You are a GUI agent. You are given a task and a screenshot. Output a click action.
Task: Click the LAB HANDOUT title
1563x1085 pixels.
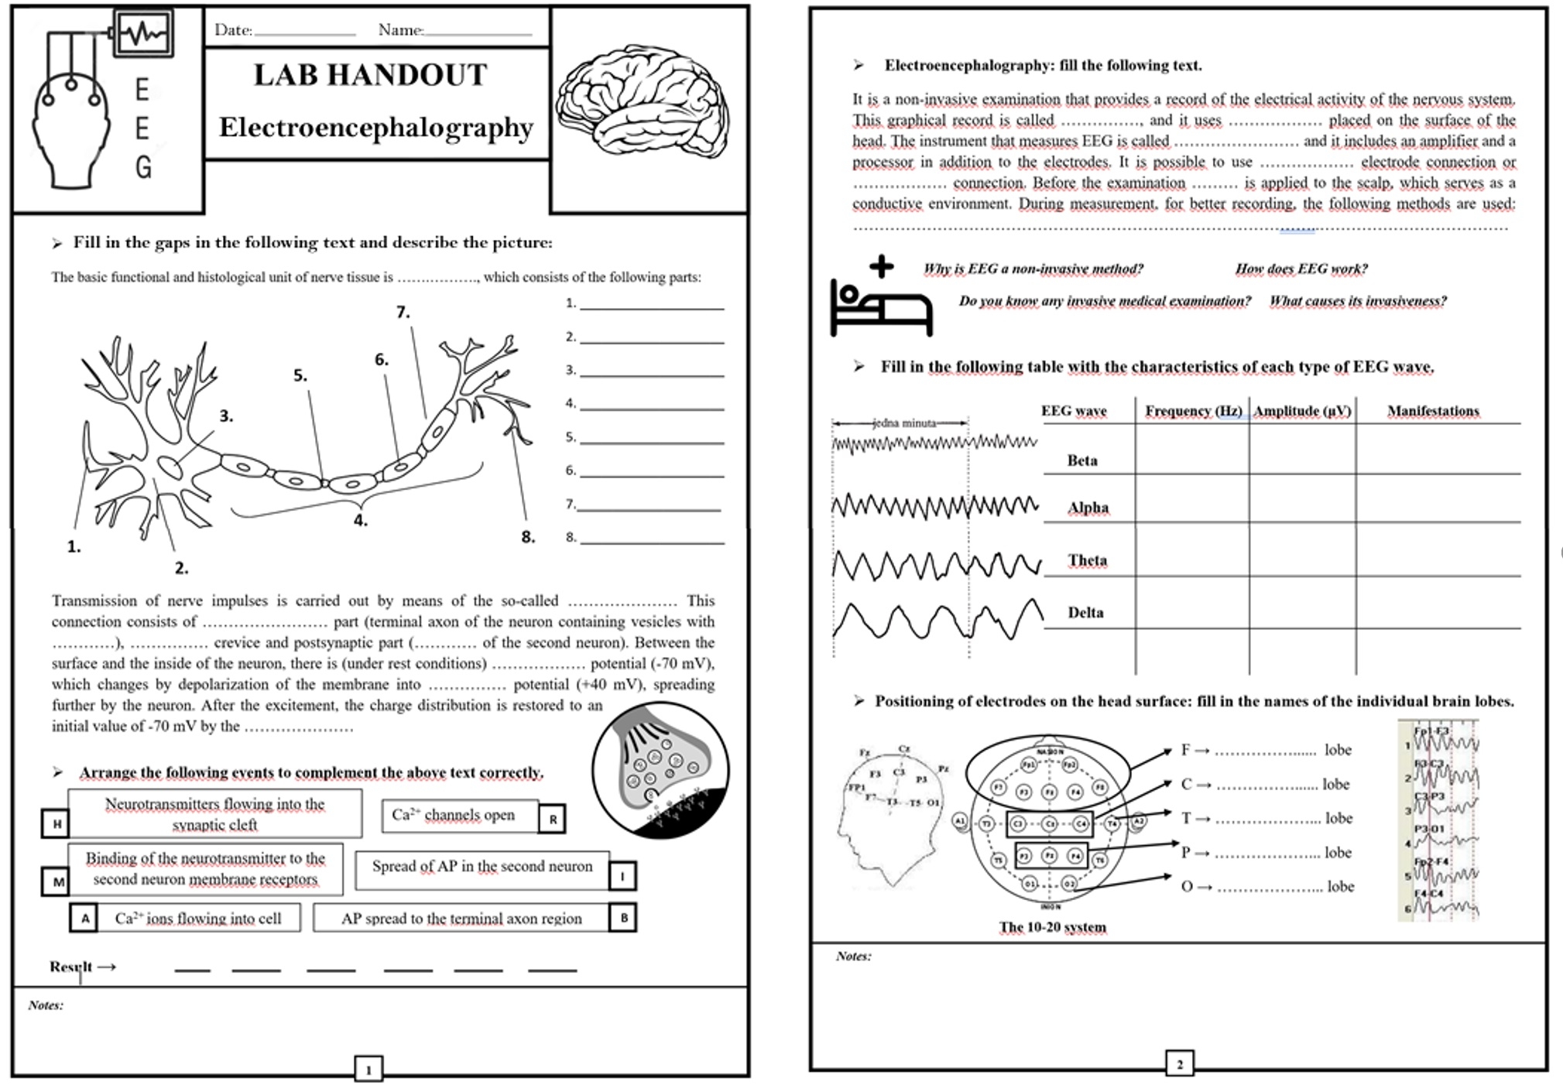click(x=370, y=76)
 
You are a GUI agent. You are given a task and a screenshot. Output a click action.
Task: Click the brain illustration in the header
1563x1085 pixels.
click(x=643, y=101)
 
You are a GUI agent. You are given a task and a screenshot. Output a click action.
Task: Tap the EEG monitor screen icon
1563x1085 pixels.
click(x=144, y=33)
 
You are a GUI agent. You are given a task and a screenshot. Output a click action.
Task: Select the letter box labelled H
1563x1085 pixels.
click(x=56, y=823)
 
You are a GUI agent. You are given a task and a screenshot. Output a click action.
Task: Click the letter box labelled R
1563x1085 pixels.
click(x=553, y=819)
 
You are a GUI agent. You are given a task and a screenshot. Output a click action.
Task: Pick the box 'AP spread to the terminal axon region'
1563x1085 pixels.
click(x=461, y=919)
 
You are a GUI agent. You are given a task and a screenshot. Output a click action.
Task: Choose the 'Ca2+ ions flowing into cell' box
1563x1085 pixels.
click(x=197, y=919)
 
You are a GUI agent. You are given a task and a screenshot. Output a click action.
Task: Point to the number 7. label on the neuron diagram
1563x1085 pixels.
click(x=403, y=312)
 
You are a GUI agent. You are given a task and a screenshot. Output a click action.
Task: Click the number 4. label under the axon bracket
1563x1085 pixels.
click(x=360, y=521)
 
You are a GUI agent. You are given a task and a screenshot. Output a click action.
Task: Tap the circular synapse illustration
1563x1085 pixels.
click(x=660, y=769)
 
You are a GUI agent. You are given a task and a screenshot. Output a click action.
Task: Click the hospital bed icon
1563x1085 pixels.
click(x=881, y=298)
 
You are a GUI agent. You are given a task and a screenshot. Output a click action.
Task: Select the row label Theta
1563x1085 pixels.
click(x=1087, y=560)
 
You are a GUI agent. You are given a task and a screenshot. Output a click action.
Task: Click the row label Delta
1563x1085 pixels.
click(x=1085, y=613)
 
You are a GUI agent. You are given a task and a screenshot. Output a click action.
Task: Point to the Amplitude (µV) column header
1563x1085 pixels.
click(x=1302, y=411)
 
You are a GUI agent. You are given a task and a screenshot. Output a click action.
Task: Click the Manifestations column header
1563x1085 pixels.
click(x=1433, y=411)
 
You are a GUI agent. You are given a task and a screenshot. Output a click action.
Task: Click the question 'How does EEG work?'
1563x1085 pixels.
click(x=1301, y=269)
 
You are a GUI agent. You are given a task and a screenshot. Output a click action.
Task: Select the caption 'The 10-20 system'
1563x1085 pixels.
click(x=1052, y=926)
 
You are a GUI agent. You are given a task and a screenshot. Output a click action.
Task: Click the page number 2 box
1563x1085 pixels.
click(x=1179, y=1063)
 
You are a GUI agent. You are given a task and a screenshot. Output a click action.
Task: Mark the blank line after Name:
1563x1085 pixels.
click(x=478, y=33)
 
